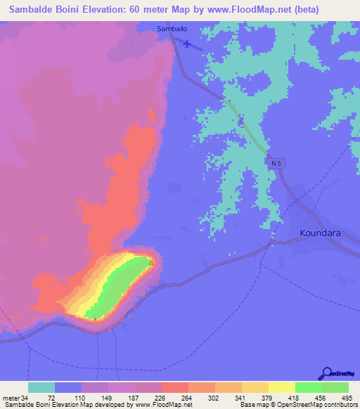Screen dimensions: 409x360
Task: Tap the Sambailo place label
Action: pyautogui.click(x=172, y=29)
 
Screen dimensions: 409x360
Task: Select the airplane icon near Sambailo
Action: pyautogui.click(x=187, y=44)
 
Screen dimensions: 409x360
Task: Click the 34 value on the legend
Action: pyautogui.click(x=27, y=397)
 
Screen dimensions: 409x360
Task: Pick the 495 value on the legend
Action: pyautogui.click(x=347, y=397)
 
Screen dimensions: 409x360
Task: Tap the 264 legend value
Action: pyautogui.click(x=187, y=397)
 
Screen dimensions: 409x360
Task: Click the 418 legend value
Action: pyautogui.click(x=293, y=397)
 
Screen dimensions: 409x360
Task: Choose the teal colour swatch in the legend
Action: pyautogui.click(x=41, y=387)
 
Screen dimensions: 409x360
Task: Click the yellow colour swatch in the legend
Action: pyautogui.click(x=281, y=387)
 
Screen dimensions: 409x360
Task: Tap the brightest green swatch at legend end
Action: pyautogui.click(x=335, y=387)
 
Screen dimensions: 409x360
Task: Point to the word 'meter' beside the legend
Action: pyautogui.click(x=11, y=397)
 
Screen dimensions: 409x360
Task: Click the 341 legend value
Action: pyautogui.click(x=240, y=397)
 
